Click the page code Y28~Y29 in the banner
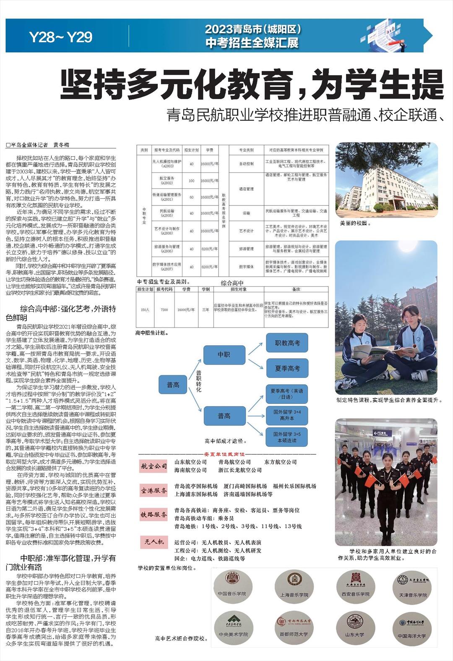pyautogui.click(x=61, y=37)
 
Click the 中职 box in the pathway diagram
pyautogui.click(x=224, y=355)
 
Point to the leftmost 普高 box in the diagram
pyautogui.click(x=173, y=385)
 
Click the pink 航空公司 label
pyautogui.click(x=154, y=466)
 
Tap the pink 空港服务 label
pyautogui.click(x=154, y=491)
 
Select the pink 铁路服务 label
pyautogui.click(x=154, y=514)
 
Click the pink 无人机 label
pyautogui.click(x=154, y=542)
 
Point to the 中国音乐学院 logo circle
pyautogui.click(x=233, y=587)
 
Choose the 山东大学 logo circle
pyautogui.click(x=355, y=627)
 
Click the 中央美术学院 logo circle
pyautogui.click(x=233, y=627)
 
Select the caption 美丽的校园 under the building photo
pyautogui.click(x=355, y=223)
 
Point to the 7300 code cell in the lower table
pyautogui.click(x=164, y=310)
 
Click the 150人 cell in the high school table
pyautogui.click(x=145, y=310)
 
